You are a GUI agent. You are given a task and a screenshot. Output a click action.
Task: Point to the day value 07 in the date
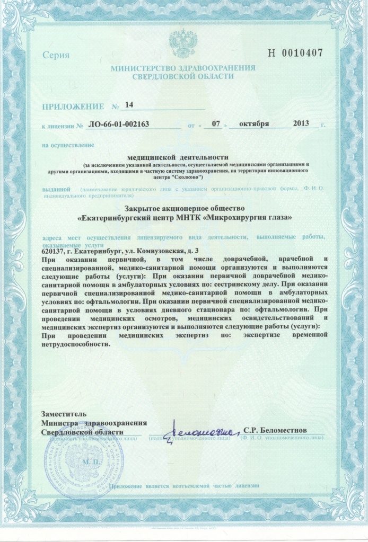pos(215,124)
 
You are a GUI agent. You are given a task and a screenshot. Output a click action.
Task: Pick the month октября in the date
pos(254,124)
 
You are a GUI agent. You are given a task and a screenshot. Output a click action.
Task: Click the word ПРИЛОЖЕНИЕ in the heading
pos(71,106)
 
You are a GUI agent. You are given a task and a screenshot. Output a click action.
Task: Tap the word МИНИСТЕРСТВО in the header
pos(142,68)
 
